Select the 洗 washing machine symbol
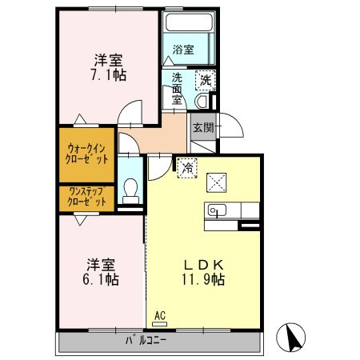[x=206, y=79]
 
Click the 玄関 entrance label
[x=202, y=127]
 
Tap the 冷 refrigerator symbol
[x=186, y=168]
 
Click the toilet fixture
[x=131, y=190]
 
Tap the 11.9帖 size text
[x=204, y=280]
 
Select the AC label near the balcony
[x=158, y=316]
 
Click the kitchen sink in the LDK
[x=216, y=210]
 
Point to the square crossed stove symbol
[x=218, y=182]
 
